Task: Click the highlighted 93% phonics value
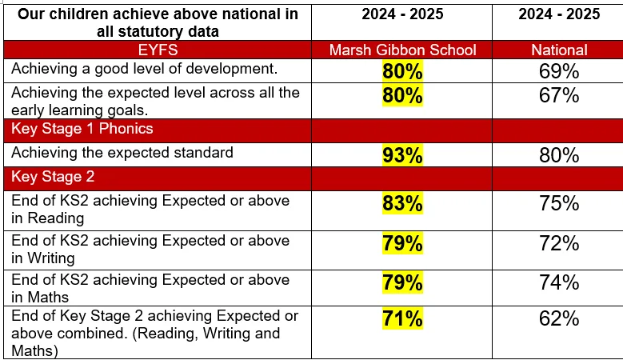(x=402, y=155)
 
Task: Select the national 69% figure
(x=559, y=71)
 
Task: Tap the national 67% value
(x=559, y=96)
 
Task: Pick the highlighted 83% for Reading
(x=402, y=203)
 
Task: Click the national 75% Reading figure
(x=559, y=203)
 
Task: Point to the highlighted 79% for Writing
(x=402, y=243)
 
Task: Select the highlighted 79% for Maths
(x=402, y=282)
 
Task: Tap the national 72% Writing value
(x=559, y=243)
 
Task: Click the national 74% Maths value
(x=559, y=282)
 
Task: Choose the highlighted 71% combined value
(x=402, y=318)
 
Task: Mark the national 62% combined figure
(x=559, y=318)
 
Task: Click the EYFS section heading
(x=158, y=50)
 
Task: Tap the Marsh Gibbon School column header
(x=402, y=50)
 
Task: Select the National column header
(x=560, y=50)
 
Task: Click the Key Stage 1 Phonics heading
(x=82, y=129)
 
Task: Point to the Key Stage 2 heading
(x=53, y=177)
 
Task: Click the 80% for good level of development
(x=402, y=71)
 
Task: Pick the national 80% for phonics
(x=559, y=155)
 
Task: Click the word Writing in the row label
(x=51, y=258)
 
